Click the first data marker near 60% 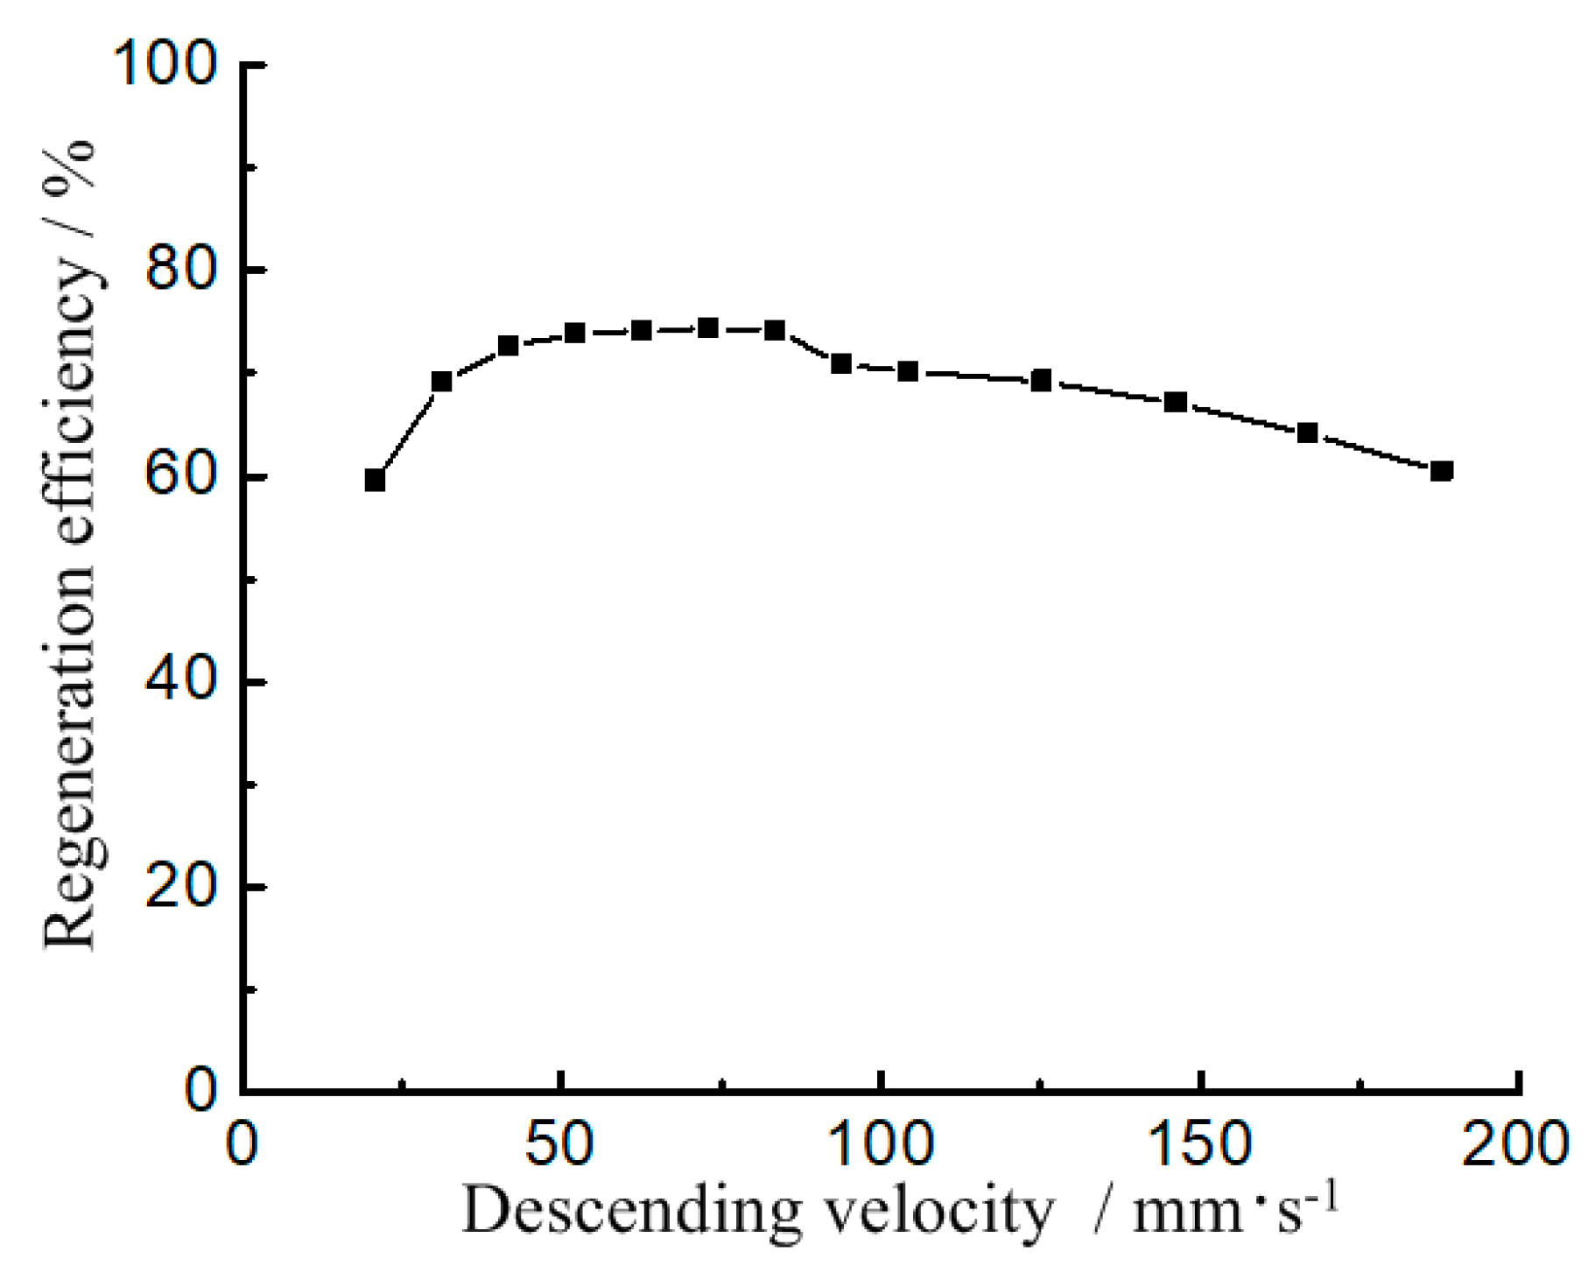(375, 481)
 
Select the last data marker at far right (1442, 471)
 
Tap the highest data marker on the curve (708, 328)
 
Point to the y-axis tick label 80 (180, 270)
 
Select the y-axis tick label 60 (180, 476)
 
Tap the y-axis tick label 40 (180, 681)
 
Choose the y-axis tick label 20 (180, 887)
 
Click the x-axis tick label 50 (559, 1144)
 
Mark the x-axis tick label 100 (879, 1144)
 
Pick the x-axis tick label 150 (1198, 1144)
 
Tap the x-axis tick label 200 (1518, 1144)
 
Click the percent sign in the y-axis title (70, 161)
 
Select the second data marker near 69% (441, 382)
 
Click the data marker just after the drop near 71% (841, 363)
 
